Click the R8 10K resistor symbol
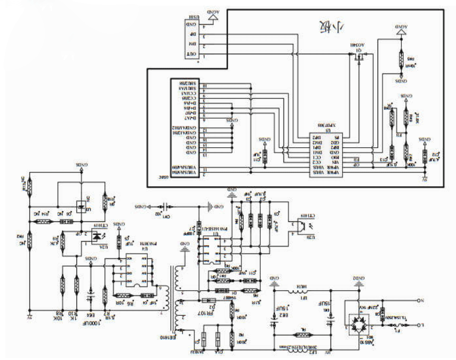coord(62,285)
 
